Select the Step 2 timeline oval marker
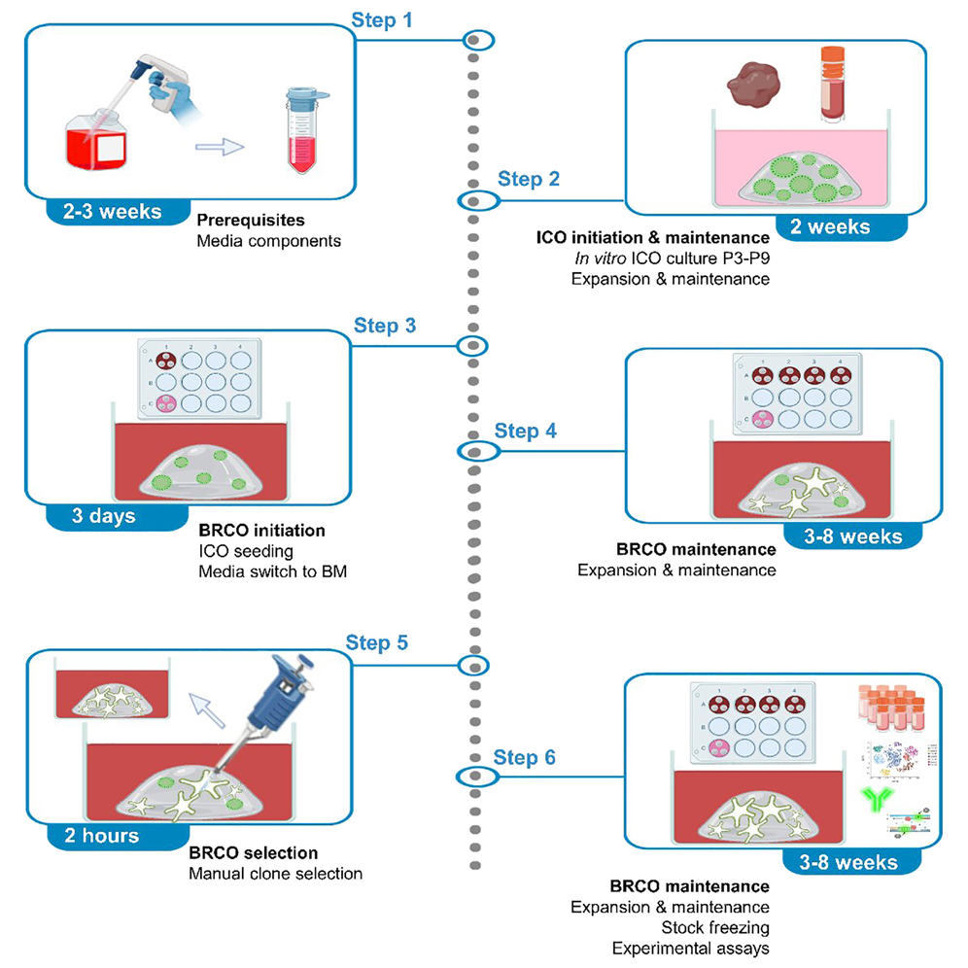coord(476,201)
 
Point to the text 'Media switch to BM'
coord(272,572)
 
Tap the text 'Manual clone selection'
coord(275,874)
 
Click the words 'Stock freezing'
coord(714,927)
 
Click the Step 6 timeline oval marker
coord(476,776)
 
